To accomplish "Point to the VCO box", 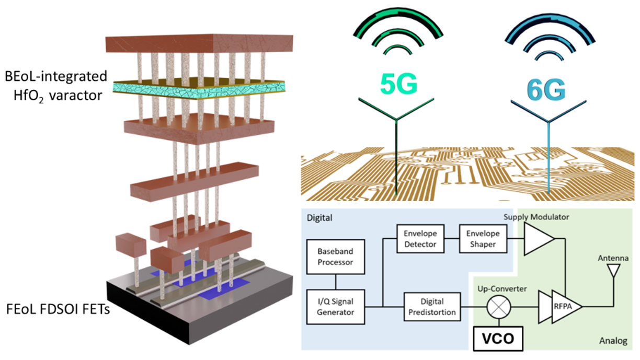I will coord(498,339).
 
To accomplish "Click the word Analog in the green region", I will coord(613,341).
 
